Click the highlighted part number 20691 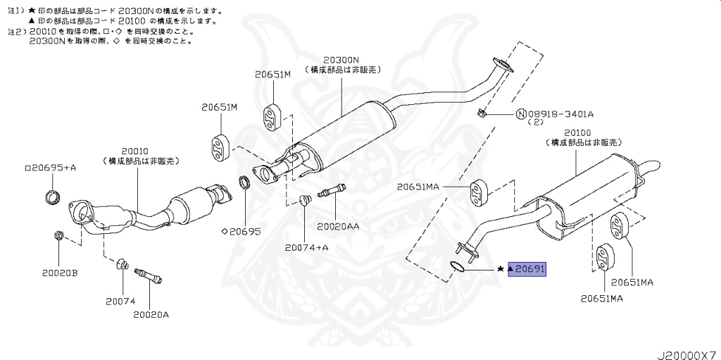coord(530,269)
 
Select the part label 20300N coord(341,61)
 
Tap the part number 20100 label coord(577,132)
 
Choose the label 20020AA coord(338,227)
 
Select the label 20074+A coord(307,247)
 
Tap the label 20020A coord(151,314)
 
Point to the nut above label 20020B coord(58,235)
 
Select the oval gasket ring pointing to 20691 coord(457,266)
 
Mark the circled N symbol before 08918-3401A coord(520,114)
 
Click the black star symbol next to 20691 coord(501,269)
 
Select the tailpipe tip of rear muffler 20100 coord(652,168)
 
